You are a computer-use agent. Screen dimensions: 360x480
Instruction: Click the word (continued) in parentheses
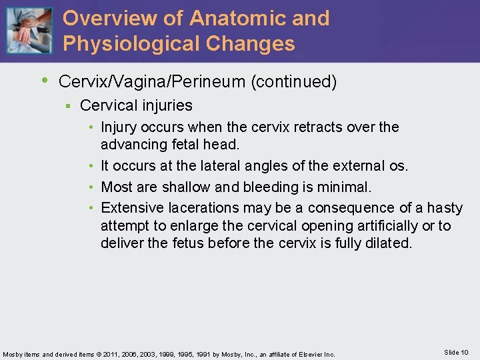[293, 82]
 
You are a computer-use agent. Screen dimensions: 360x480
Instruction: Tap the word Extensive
[131, 208]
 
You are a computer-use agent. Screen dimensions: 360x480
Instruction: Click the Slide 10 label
[456, 352]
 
